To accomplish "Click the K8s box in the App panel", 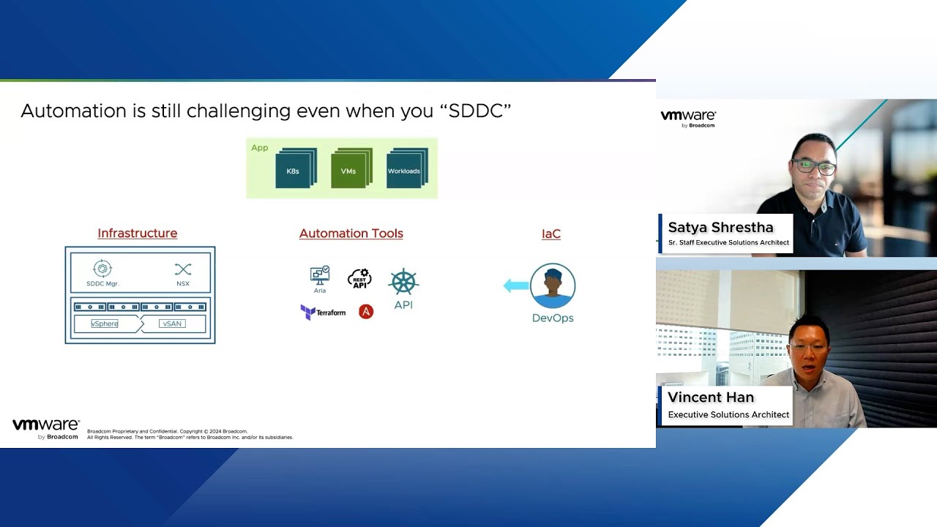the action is coord(296,168).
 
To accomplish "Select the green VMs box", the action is coord(351,168).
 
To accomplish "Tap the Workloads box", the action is coord(407,168).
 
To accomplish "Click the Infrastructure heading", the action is coord(137,233).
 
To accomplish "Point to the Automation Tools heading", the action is coord(351,233).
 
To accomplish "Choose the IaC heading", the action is coord(551,233).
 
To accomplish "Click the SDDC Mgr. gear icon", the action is coord(102,269).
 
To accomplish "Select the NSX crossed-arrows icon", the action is coord(183,269).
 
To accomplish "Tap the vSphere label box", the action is coord(105,324).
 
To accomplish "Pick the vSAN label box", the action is coord(172,324).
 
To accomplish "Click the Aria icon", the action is coord(320,276).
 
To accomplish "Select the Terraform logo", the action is coord(323,313).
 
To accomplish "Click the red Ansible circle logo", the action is coord(366,312).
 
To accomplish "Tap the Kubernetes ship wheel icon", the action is coord(403,282).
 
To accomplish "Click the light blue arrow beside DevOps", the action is coord(516,285).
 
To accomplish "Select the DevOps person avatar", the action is coord(553,285).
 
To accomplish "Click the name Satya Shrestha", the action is coord(721,227).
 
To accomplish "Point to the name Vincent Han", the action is coord(711,397).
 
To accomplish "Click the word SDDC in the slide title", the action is coord(476,111).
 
